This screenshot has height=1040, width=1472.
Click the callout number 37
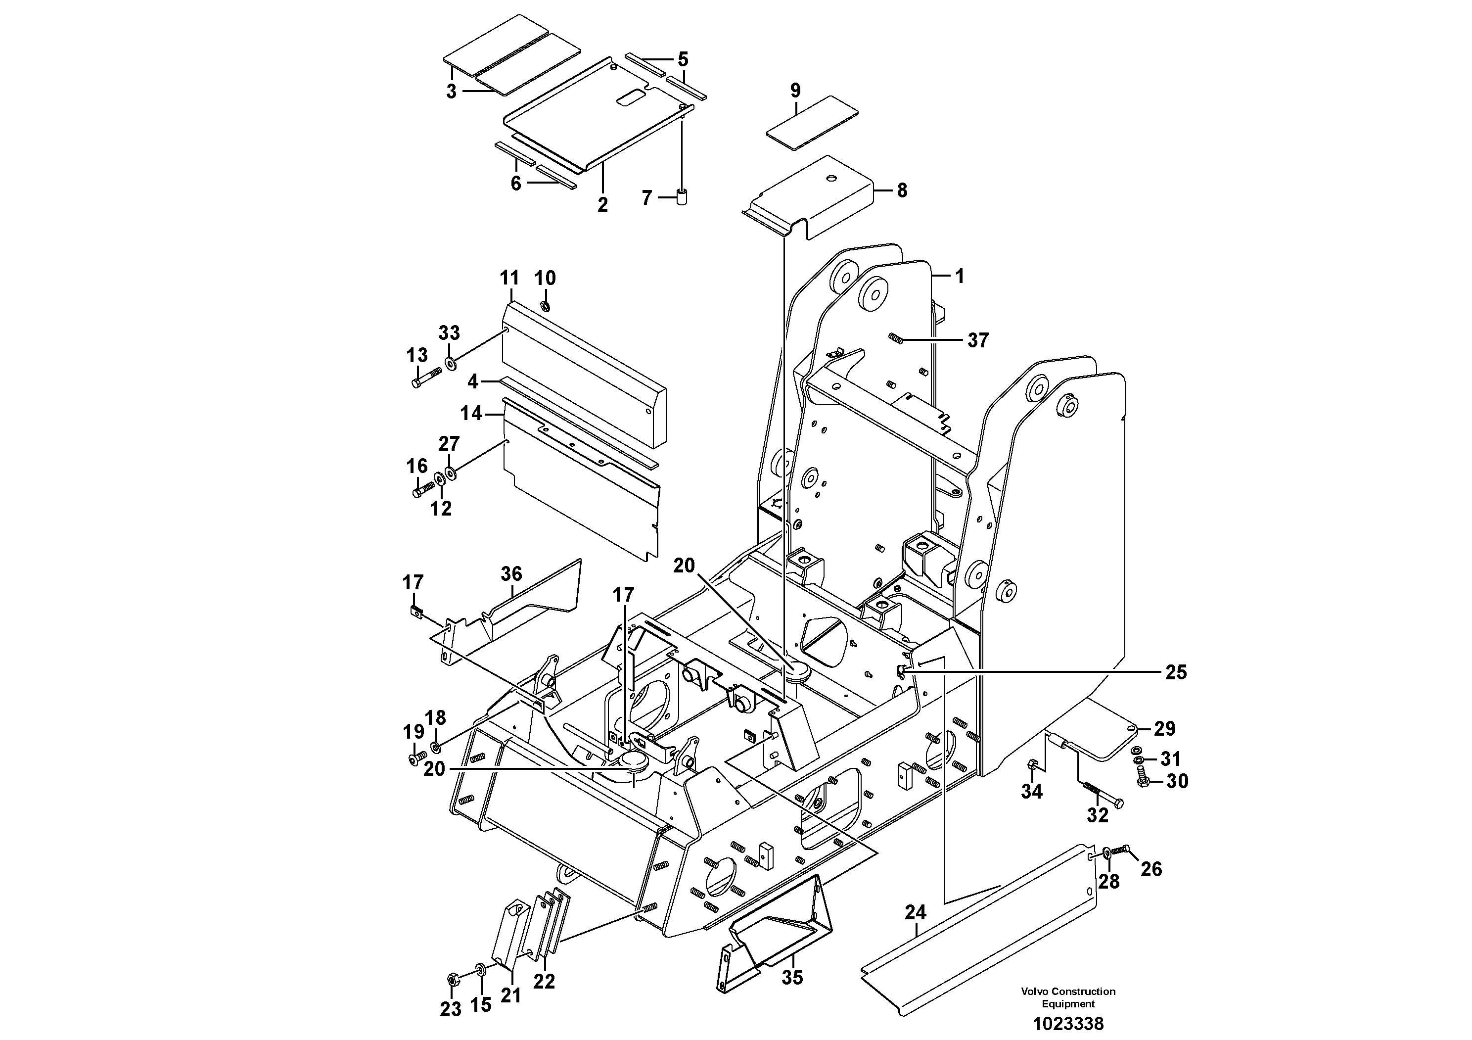(x=978, y=340)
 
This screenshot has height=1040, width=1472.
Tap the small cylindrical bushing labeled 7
(x=682, y=196)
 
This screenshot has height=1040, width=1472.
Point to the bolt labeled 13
(x=426, y=377)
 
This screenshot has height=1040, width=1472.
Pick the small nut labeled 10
(x=544, y=306)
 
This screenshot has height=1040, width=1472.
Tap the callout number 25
(x=1176, y=672)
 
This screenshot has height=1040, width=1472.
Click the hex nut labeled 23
(x=451, y=980)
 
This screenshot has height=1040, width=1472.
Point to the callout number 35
(x=792, y=978)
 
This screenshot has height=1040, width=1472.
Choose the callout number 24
(x=916, y=911)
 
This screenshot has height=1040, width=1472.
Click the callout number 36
(x=511, y=574)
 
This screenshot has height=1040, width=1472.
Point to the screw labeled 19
(x=414, y=759)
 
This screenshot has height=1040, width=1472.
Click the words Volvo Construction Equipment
(x=1068, y=997)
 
